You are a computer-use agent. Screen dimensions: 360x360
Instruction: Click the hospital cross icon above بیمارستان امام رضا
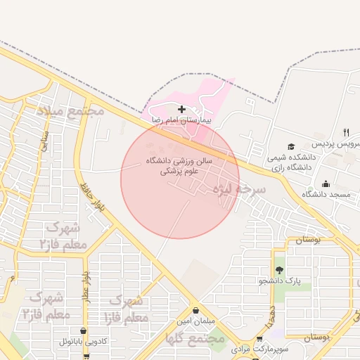[182, 109]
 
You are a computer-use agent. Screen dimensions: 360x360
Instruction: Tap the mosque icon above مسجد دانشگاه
[326, 184]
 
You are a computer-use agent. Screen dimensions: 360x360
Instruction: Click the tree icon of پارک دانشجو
[280, 270]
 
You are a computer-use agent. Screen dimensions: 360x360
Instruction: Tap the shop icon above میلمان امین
[195, 311]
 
